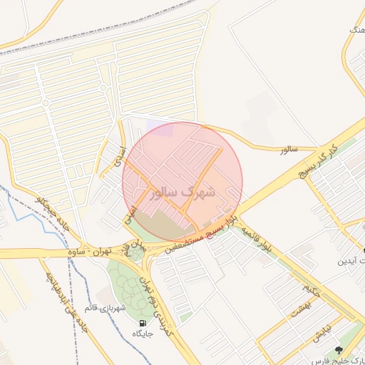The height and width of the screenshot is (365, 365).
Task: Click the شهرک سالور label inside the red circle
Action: click(182, 192)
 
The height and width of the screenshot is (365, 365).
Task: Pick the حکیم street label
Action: click(305, 289)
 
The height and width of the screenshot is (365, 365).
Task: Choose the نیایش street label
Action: click(321, 331)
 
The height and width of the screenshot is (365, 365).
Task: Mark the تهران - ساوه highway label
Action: click(95, 252)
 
